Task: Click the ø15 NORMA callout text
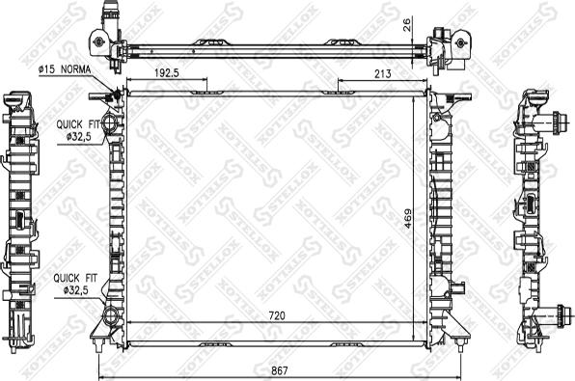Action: pyautogui.click(x=64, y=69)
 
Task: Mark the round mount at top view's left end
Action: pyautogui.click(x=97, y=41)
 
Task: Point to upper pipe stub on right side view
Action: pyautogui.click(x=558, y=123)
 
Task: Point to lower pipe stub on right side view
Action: pyautogui.click(x=558, y=315)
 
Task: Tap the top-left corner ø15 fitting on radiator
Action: pyautogui.click(x=117, y=94)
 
